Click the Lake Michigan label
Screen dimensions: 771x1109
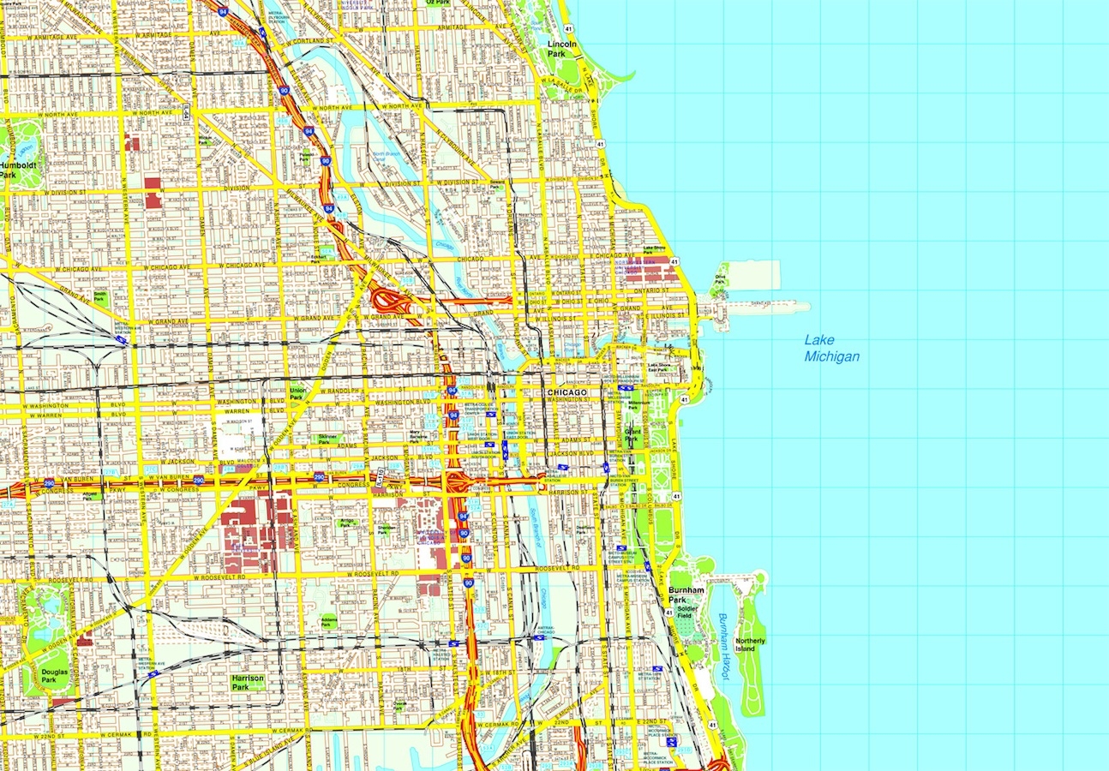tap(831, 348)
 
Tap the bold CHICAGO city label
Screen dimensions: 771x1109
tap(567, 392)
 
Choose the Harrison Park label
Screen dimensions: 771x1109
tap(248, 682)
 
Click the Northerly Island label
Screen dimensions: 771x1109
tap(750, 644)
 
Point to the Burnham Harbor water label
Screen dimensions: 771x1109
tap(725, 646)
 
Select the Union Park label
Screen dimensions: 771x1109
tap(297, 393)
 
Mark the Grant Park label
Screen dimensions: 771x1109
tap(632, 436)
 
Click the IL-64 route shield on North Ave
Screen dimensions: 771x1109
tap(186, 109)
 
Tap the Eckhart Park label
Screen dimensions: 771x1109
tap(321, 258)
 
